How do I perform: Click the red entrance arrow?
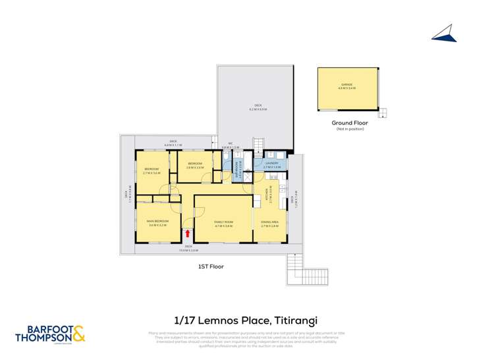188,232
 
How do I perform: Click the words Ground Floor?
349,123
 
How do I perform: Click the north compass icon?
445,34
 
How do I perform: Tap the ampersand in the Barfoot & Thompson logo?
78,334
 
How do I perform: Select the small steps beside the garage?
384,113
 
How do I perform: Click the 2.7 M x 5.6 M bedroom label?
152,171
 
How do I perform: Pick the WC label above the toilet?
230,146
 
